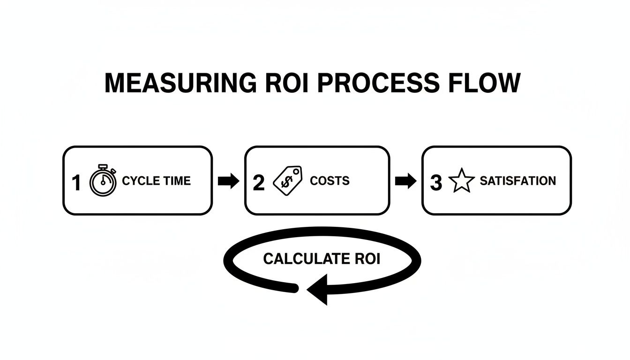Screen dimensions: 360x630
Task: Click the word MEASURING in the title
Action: [180, 83]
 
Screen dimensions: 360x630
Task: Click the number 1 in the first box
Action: [76, 182]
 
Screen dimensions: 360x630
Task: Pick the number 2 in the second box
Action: [258, 182]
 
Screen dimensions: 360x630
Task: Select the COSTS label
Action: [330, 181]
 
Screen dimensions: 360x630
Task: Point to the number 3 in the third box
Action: [436, 182]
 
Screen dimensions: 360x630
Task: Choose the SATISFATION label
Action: [517, 181]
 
